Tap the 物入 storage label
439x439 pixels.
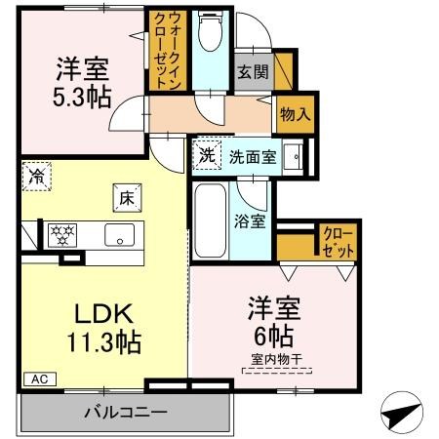pos(295,114)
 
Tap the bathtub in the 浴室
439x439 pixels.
pos(209,221)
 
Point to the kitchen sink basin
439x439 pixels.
pos(121,235)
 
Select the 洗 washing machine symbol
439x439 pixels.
pos(207,153)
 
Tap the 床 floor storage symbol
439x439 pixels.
pos(126,195)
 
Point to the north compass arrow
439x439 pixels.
pos(399,413)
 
